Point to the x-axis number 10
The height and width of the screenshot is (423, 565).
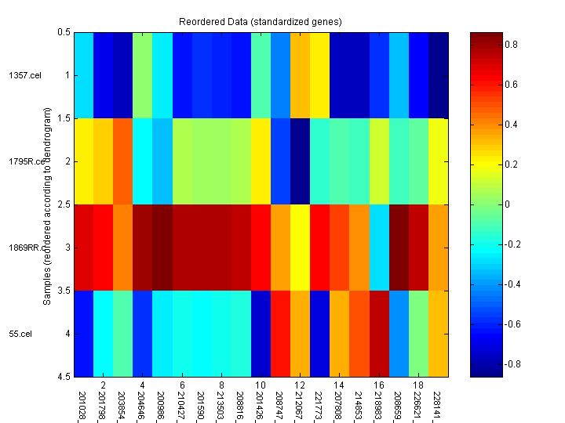coord(261,386)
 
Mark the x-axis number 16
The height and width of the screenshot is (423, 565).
coord(379,386)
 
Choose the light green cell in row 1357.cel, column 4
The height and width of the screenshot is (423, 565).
coord(142,75)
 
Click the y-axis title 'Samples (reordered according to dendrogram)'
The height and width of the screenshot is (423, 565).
coord(49,204)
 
